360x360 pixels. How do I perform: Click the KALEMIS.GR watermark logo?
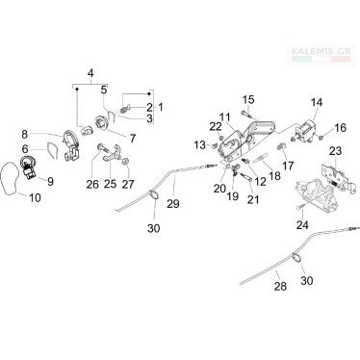click(x=321, y=54)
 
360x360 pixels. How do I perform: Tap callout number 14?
click(x=316, y=103)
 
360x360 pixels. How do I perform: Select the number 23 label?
click(x=335, y=151)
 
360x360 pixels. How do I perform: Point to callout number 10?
click(x=35, y=198)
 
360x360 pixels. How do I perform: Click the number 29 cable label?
click(x=173, y=204)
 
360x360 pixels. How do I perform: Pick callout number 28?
click(x=280, y=286)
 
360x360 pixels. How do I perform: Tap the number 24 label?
click(x=302, y=225)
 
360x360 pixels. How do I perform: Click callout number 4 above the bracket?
click(x=90, y=73)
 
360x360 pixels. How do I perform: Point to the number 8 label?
click(x=25, y=134)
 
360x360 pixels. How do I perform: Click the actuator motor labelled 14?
click(x=303, y=132)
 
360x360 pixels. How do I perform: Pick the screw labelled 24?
click(x=299, y=207)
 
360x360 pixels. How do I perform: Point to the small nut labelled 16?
click(x=321, y=138)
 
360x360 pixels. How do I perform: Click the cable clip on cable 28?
click(x=297, y=257)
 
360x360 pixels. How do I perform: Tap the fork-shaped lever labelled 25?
click(x=110, y=155)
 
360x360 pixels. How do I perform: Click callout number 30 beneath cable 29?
click(x=154, y=228)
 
